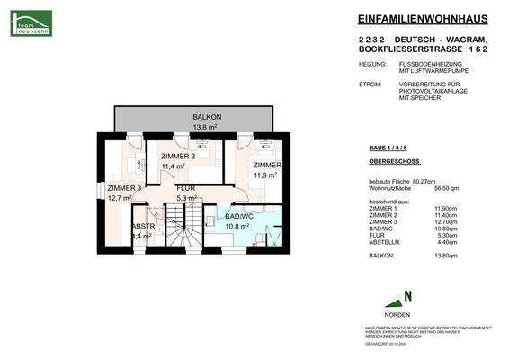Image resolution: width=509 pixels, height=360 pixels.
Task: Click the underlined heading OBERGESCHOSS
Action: click(x=392, y=163)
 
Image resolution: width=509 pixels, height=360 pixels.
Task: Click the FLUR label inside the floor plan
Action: click(x=186, y=190)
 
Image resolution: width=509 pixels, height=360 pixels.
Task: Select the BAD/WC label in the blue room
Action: click(x=238, y=218)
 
